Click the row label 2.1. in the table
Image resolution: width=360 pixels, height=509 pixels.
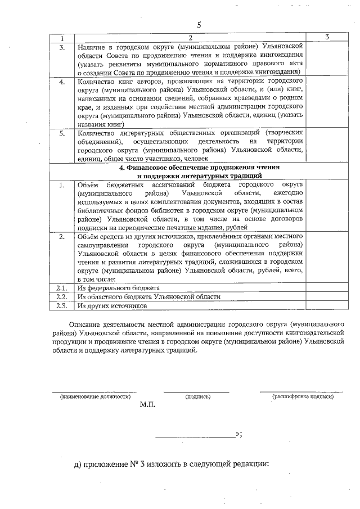tap(62, 288)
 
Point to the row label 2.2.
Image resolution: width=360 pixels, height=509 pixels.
tap(62, 297)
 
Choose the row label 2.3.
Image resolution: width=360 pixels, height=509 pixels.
tap(62, 306)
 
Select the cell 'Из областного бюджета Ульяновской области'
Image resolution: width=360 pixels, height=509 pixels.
tap(148, 297)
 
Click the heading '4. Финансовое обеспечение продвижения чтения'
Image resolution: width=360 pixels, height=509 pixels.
tap(191, 168)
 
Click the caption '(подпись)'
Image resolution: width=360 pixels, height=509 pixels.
tap(197, 397)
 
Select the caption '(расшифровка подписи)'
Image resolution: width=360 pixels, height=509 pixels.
tap(303, 397)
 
